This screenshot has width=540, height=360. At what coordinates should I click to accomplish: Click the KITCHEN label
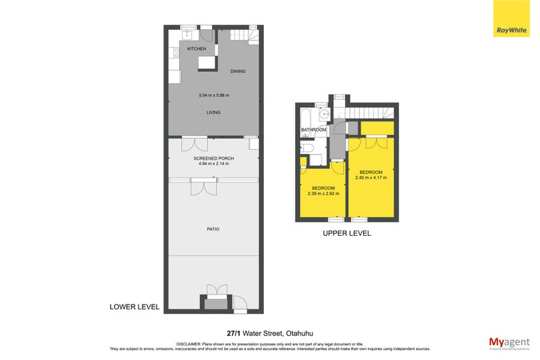[x=196, y=49]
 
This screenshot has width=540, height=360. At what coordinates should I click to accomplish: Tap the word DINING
[x=238, y=71]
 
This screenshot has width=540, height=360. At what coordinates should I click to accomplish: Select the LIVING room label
[x=213, y=112]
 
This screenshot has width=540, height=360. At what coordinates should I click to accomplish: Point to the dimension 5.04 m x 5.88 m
[x=213, y=95]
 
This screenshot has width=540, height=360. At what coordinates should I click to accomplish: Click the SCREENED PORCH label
[x=213, y=157]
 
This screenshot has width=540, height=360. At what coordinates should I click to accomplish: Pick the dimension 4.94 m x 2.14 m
[x=213, y=163]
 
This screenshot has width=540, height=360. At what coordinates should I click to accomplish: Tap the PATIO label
[x=213, y=229]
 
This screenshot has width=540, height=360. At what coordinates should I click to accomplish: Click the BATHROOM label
[x=313, y=130]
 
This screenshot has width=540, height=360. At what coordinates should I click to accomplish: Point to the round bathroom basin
[x=323, y=113]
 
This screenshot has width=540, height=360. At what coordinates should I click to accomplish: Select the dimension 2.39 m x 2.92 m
[x=323, y=193]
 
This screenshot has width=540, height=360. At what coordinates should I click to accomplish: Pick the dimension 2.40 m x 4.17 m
[x=371, y=178]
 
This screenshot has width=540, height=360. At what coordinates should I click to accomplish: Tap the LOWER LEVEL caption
[x=134, y=307]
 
